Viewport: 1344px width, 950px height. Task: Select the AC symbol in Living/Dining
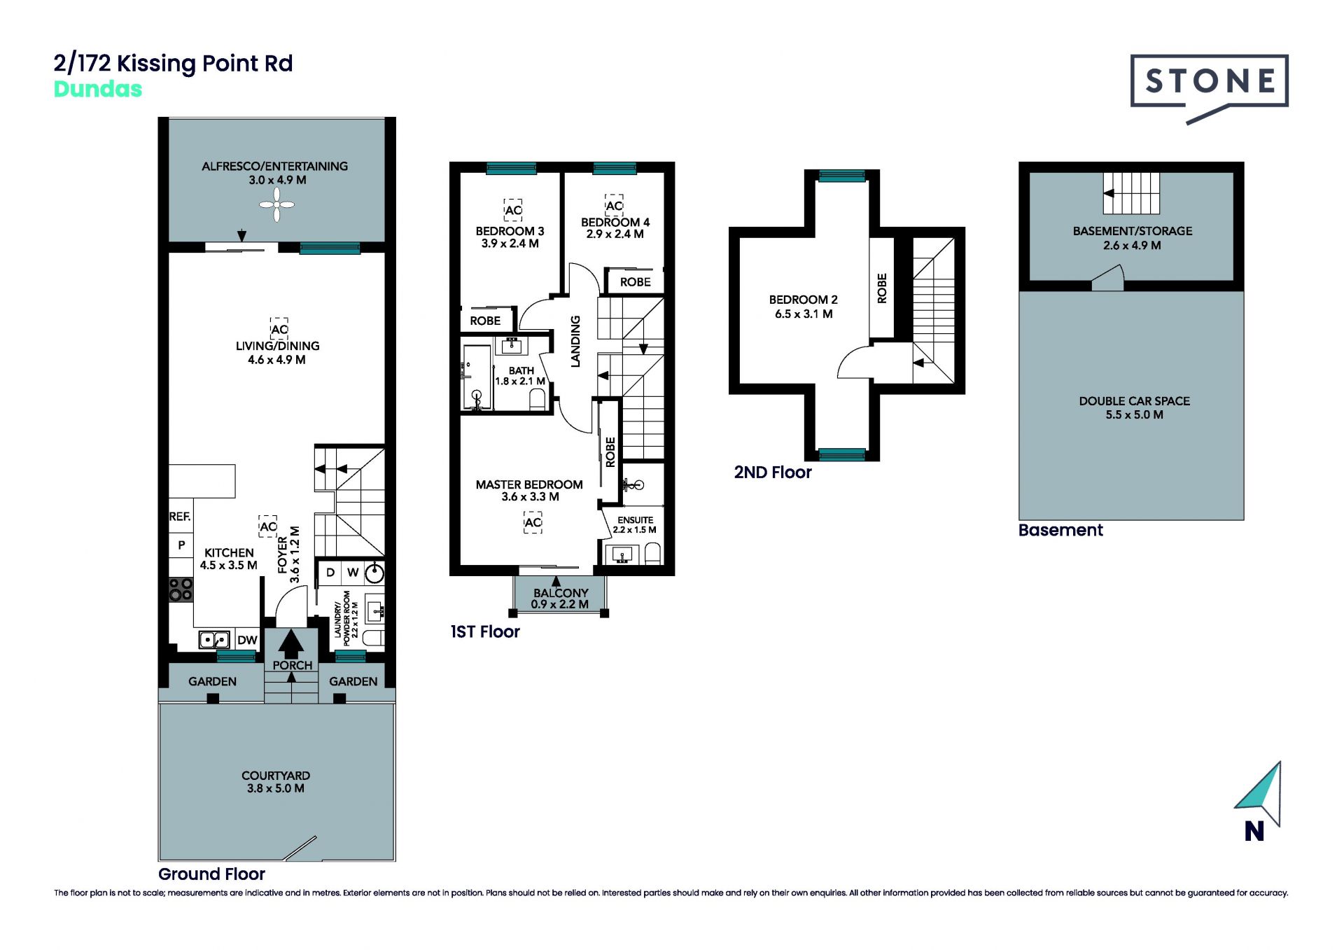[279, 328]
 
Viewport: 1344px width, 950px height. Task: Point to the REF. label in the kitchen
[180, 517]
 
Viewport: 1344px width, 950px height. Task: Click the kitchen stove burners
[181, 589]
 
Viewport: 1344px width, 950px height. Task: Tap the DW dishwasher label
[247, 640]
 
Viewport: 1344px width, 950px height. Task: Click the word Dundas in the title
[98, 89]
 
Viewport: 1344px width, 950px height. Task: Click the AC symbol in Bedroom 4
[614, 205]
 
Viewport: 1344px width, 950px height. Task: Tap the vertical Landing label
[575, 341]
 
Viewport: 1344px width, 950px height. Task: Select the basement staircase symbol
[1131, 193]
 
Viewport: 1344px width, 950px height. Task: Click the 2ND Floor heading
[773, 473]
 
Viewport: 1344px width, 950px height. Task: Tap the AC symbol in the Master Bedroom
[533, 522]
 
